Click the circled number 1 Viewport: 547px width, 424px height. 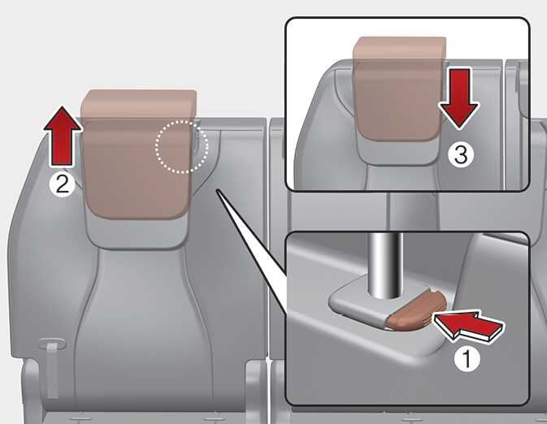tap(467, 358)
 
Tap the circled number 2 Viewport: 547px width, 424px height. tap(62, 184)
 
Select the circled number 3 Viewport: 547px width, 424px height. tap(461, 154)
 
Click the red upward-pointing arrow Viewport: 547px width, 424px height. tap(63, 136)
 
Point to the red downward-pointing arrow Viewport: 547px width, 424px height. tap(459, 98)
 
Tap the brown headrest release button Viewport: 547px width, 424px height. tap(416, 310)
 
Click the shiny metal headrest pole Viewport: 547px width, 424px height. tap(386, 266)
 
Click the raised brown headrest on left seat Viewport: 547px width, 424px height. tap(138, 154)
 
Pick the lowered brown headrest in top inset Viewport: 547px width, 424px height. tap(399, 89)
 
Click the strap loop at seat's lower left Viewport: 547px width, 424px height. tap(51, 366)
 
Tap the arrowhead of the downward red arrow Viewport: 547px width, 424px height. tap(459, 116)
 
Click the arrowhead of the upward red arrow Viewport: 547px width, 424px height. tap(63, 119)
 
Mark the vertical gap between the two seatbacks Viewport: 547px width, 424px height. tap(268, 244)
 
